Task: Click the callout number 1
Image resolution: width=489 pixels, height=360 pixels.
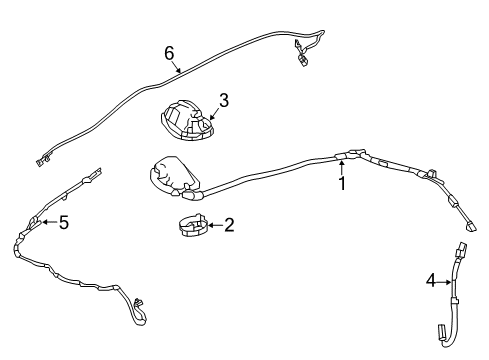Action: click(x=341, y=185)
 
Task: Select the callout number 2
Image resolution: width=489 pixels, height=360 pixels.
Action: click(x=229, y=226)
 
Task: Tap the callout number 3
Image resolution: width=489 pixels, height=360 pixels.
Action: click(x=224, y=100)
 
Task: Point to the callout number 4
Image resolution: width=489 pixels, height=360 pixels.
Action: click(x=431, y=282)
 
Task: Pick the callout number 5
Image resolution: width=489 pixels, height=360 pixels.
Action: click(x=63, y=222)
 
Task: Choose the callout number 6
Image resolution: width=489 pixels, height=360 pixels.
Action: click(x=169, y=52)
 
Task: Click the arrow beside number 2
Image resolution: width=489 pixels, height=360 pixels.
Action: click(x=211, y=227)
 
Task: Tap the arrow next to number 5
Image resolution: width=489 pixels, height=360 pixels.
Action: click(x=46, y=222)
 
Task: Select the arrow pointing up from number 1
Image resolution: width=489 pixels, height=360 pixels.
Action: click(x=341, y=168)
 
